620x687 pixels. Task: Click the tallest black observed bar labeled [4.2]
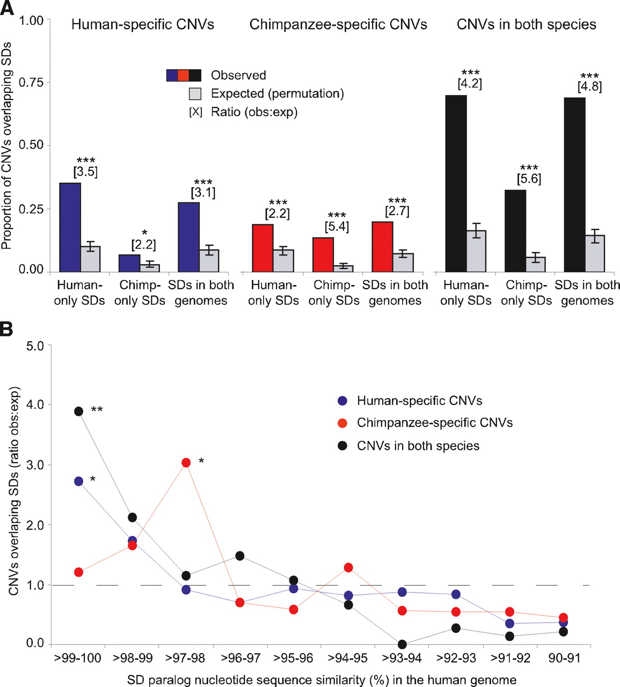point(456,184)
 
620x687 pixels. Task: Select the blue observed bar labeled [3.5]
point(70,228)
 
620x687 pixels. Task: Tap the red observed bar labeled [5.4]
point(323,255)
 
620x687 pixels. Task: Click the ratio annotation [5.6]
point(529,179)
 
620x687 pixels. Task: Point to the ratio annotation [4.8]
point(589,86)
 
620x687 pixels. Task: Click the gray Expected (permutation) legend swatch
point(195,93)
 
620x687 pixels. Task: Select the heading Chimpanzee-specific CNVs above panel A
point(338,25)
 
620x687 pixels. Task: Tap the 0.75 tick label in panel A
point(31,82)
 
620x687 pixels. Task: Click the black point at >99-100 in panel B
point(78,411)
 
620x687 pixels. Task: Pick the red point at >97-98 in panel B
point(186,463)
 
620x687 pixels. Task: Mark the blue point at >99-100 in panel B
point(78,481)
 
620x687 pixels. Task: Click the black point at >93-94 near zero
point(402,644)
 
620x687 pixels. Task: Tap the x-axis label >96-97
point(240,658)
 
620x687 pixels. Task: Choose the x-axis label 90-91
point(564,658)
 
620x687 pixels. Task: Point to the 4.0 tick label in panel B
point(35,405)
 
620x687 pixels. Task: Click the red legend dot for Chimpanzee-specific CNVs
point(342,423)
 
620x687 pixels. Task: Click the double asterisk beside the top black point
point(97,410)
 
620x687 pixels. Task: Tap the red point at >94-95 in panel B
point(348,567)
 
